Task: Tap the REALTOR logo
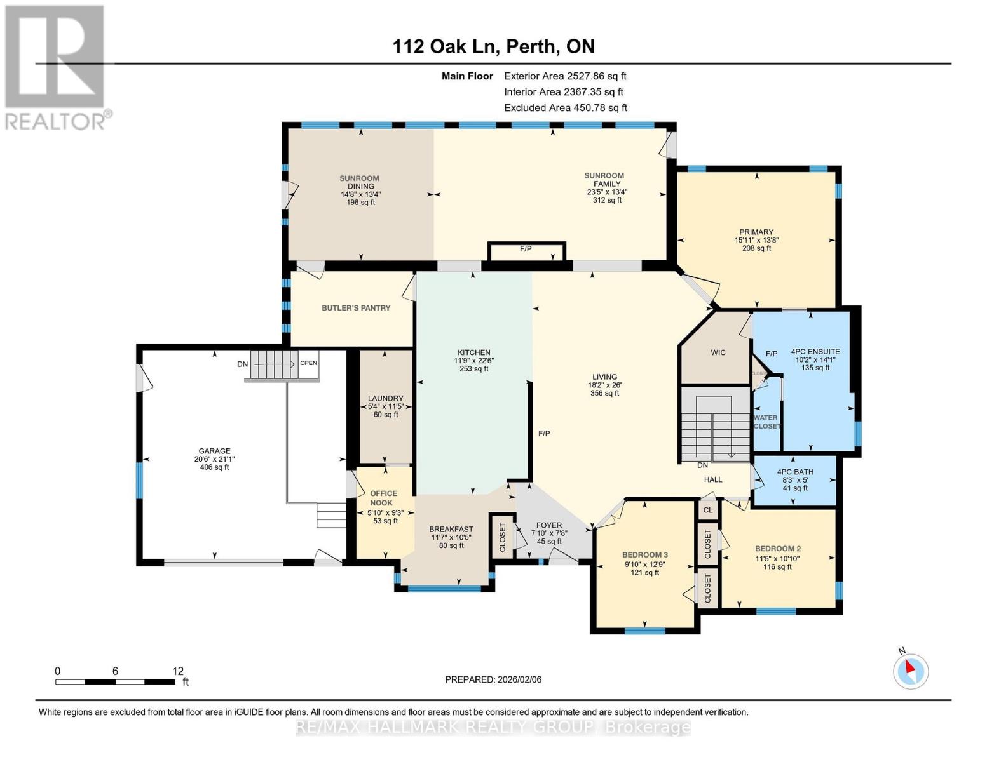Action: pos(56,67)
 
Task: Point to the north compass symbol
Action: pos(911,670)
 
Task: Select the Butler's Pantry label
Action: pos(356,308)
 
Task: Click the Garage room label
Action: pos(214,451)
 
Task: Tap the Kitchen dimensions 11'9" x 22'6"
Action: pos(473,361)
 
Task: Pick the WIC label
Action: pos(718,352)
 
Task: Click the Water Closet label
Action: pos(766,422)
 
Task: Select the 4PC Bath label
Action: pos(795,472)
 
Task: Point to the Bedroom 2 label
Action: pos(777,549)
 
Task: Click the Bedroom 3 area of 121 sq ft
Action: pos(644,572)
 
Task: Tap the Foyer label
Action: pos(548,525)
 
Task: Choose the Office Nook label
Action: pos(383,498)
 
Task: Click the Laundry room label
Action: pos(385,398)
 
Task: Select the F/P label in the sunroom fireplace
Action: pos(526,249)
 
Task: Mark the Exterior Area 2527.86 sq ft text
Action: pos(565,76)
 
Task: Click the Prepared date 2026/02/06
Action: pos(493,679)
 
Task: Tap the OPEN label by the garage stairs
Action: pos(308,364)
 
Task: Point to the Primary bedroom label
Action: pos(756,232)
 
